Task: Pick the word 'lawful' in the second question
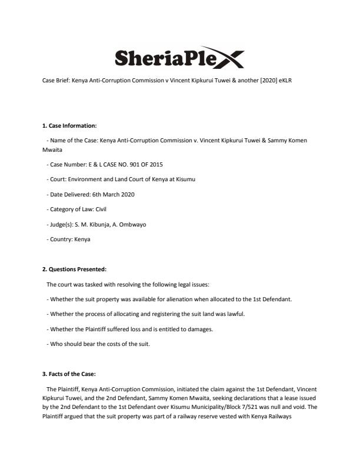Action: pos(232,314)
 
